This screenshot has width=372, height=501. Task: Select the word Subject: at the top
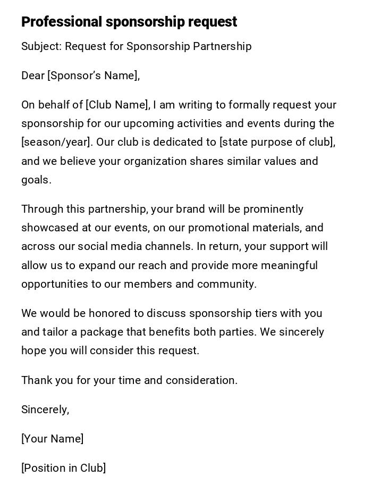(x=41, y=47)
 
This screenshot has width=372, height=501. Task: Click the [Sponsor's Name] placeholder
(x=94, y=76)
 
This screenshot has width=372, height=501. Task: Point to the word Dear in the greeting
(x=33, y=76)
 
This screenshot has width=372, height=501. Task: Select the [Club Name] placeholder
(x=117, y=105)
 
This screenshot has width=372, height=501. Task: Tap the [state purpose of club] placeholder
(x=277, y=143)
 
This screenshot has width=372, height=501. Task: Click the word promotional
(x=219, y=228)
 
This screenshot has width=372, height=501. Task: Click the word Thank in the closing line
(x=35, y=381)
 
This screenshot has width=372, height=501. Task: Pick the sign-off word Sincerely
(x=45, y=410)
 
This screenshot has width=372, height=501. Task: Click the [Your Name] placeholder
(x=52, y=439)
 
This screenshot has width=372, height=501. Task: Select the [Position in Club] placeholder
(x=63, y=469)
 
